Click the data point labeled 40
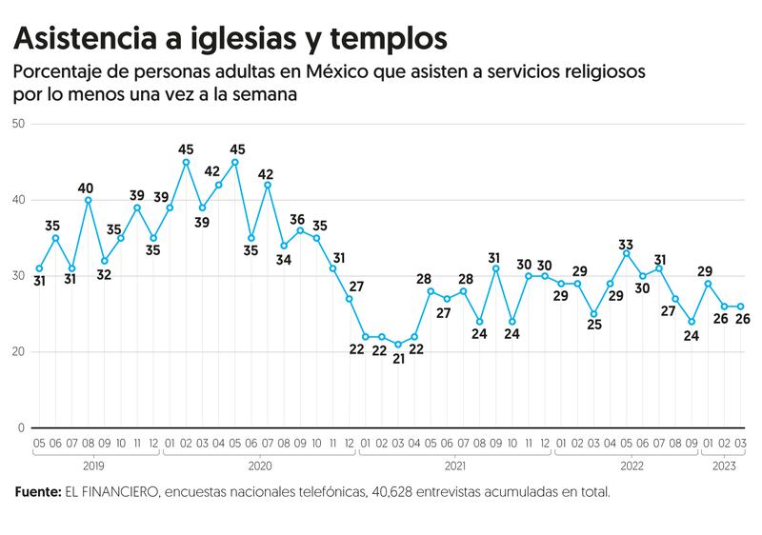89,200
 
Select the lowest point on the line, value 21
398,345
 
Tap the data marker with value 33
626,253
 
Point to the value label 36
299,219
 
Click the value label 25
595,326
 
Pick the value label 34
284,259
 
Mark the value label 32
105,274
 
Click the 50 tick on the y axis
18,124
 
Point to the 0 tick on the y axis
21,428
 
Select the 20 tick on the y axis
18,352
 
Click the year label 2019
94,466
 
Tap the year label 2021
454,466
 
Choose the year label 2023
724,466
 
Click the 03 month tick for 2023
741,444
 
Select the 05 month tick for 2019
39,444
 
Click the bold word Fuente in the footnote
36,493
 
